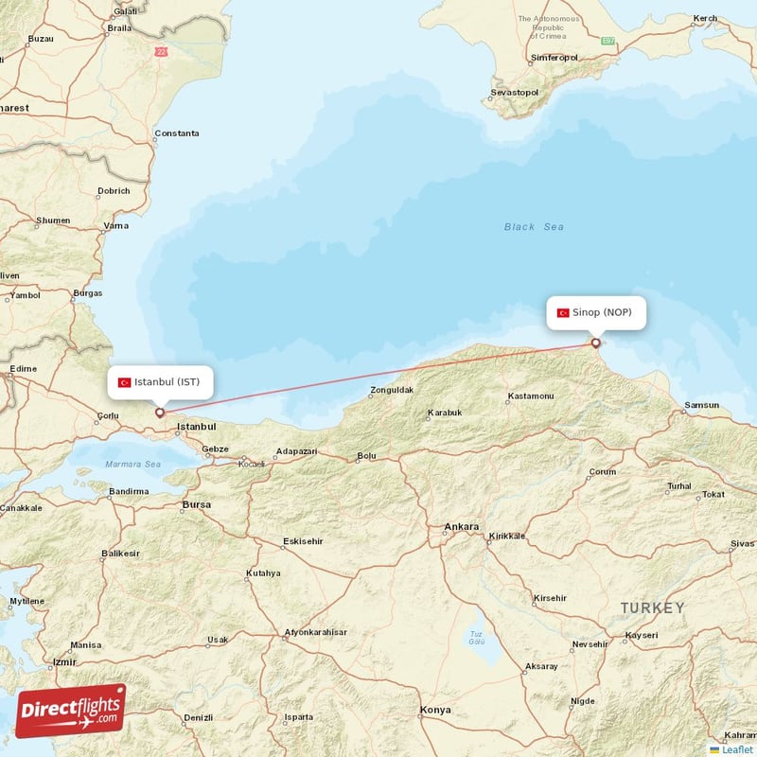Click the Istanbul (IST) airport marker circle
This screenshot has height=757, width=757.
pos(160,412)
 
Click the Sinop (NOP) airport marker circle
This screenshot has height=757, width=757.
pos(595,343)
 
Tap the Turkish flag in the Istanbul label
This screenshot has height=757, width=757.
pos(124,382)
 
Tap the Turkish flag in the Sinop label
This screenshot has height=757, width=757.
pos(563,312)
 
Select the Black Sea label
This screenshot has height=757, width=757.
pos(534,227)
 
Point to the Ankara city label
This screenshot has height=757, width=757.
pos(462,526)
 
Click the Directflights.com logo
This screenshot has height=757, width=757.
pos(71,710)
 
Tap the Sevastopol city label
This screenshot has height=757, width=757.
pos(514,93)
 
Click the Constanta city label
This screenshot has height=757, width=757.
pos(177,133)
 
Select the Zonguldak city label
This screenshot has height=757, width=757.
pos(392,390)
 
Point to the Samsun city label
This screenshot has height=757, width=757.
pos(701,405)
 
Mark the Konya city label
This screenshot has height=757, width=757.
pos(435,710)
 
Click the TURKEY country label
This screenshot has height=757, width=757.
pos(652,607)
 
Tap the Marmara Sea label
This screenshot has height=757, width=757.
pos(132,465)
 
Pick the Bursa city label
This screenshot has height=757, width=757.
pos(196,505)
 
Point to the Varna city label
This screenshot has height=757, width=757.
pos(116,226)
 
